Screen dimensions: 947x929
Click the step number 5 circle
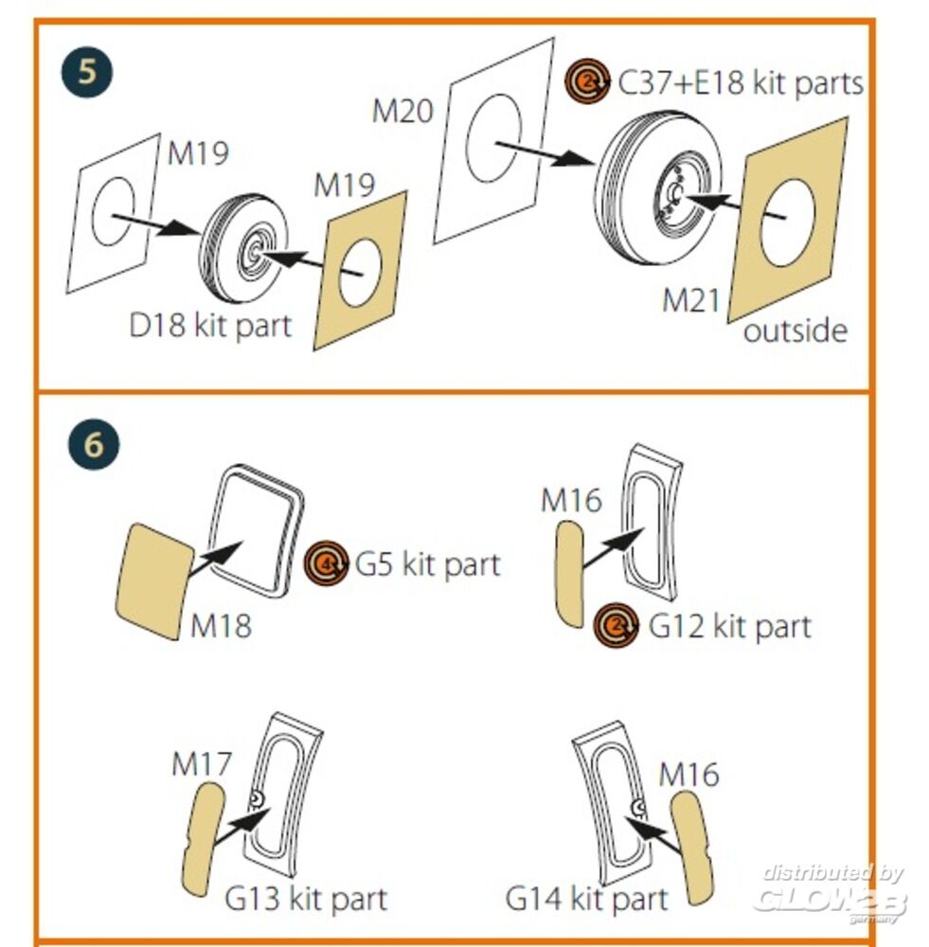(87, 72)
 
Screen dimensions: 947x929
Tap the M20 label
(402, 111)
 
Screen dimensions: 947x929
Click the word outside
(795, 331)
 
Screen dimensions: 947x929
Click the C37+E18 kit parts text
(741, 83)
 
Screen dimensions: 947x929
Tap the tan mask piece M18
(152, 579)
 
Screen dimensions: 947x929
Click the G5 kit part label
(427, 565)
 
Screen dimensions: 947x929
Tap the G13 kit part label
(306, 897)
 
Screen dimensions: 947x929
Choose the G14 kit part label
(587, 896)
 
